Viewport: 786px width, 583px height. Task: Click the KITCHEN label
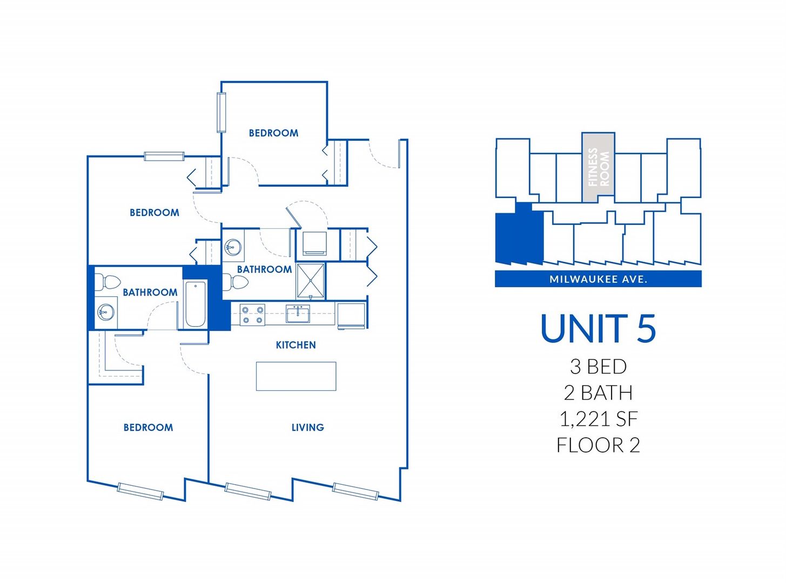295,345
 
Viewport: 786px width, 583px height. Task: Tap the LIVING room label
307,428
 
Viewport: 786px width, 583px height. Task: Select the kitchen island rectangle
296,376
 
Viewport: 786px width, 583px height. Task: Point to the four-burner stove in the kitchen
252,315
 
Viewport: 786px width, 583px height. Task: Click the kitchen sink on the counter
298,314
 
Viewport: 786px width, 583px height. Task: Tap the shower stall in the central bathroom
311,281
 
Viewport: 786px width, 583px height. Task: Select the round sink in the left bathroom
106,312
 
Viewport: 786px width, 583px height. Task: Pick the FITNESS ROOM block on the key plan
598,167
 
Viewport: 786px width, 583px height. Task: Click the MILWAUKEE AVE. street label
598,279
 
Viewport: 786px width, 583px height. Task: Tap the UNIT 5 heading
598,328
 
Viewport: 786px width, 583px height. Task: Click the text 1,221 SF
598,419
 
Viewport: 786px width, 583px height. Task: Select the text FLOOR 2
598,445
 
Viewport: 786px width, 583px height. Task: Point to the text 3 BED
598,367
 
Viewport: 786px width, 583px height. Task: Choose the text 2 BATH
598,393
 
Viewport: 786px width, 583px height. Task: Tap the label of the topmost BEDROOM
273,133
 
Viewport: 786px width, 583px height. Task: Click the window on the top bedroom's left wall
221,112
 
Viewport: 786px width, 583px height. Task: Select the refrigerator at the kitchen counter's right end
351,315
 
